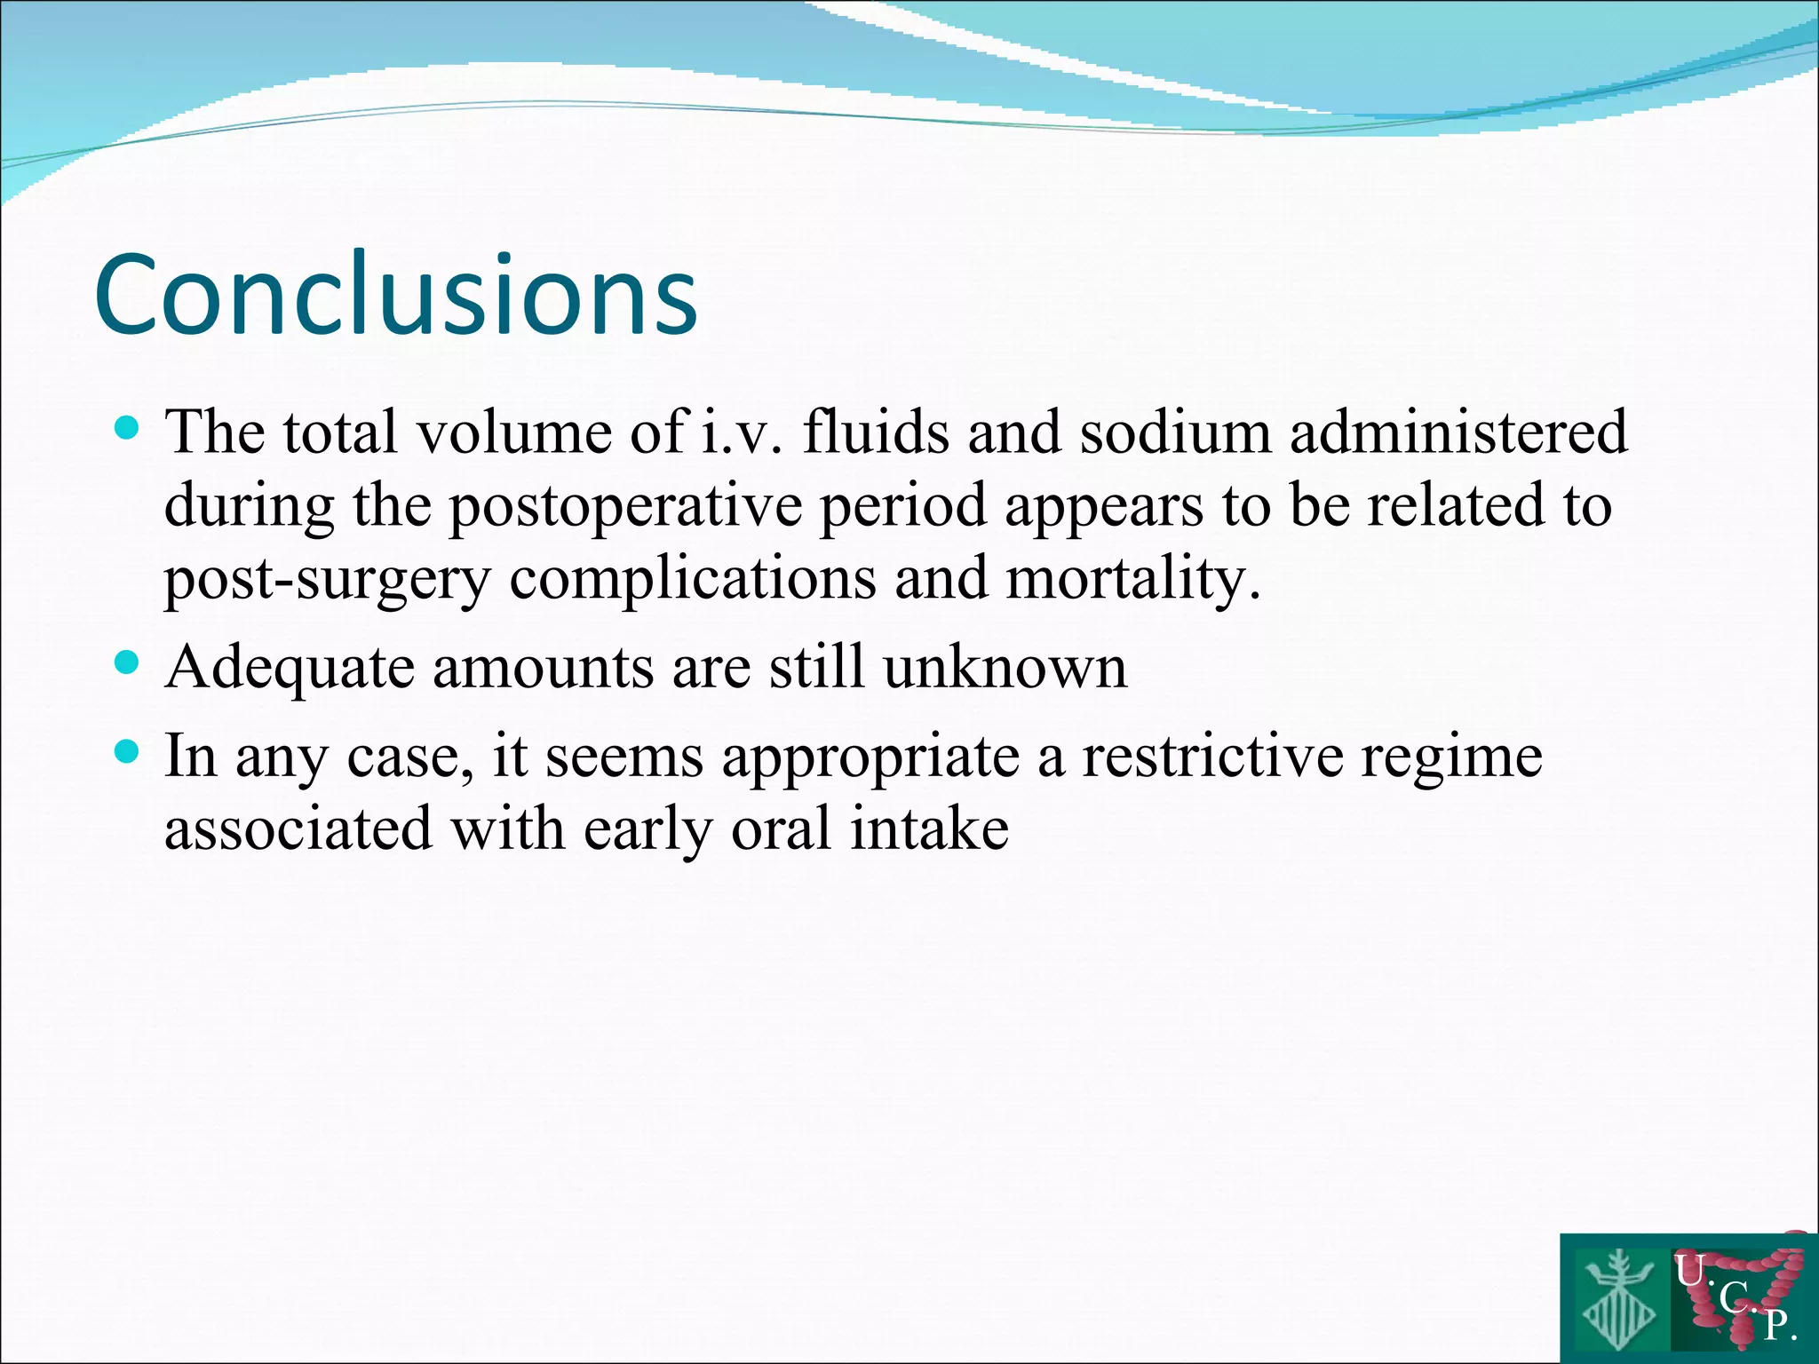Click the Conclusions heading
396,295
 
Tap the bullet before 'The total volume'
128,430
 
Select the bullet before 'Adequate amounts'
128,662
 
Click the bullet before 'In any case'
128,753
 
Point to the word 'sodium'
1175,432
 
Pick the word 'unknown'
1005,666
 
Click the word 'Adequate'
290,668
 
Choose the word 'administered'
1459,432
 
